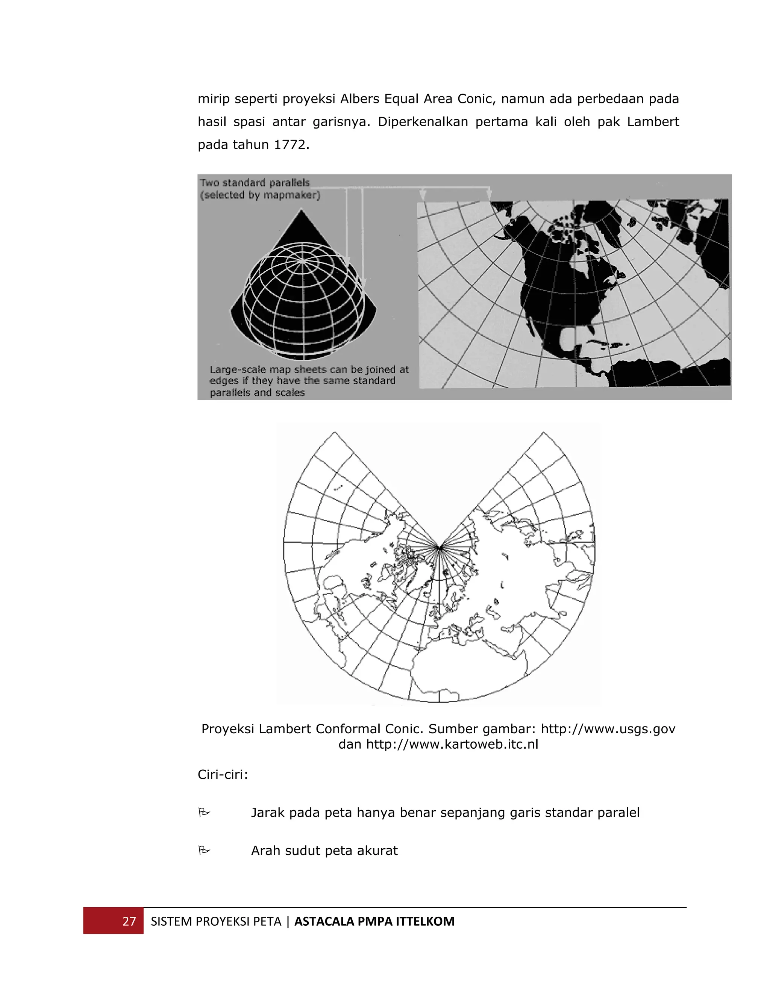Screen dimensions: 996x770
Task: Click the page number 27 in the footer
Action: pos(129,921)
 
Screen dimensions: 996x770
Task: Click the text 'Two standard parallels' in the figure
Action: pos(255,183)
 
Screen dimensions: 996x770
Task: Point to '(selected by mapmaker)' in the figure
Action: pos(260,195)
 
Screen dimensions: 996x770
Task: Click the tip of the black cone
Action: pos(302,210)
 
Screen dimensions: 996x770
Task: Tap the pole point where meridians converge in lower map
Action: pos(439,547)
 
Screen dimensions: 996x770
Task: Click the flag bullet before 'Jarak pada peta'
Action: pos(204,812)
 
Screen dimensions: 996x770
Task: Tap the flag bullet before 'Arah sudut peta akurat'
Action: pos(204,850)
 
